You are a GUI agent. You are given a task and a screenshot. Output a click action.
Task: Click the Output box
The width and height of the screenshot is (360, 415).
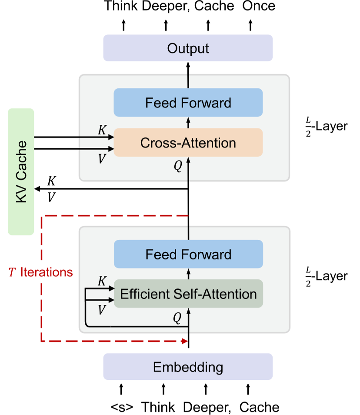pyautogui.click(x=188, y=48)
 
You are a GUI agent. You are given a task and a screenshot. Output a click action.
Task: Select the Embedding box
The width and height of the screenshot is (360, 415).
pyautogui.click(x=188, y=367)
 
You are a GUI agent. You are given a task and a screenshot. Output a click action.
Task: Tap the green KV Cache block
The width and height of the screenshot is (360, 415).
pyautogui.click(x=21, y=171)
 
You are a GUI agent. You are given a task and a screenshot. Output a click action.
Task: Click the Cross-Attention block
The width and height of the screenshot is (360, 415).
pyautogui.click(x=188, y=143)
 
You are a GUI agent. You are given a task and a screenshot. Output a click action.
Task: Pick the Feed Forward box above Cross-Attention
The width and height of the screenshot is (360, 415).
pyautogui.click(x=188, y=103)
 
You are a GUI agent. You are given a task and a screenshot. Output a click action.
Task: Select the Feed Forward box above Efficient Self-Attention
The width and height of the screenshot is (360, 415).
pyautogui.click(x=188, y=254)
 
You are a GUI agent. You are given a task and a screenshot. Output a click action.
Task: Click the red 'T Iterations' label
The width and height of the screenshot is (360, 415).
pyautogui.click(x=41, y=272)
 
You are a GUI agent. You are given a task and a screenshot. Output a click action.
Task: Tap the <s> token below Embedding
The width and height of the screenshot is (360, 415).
pyautogui.click(x=122, y=407)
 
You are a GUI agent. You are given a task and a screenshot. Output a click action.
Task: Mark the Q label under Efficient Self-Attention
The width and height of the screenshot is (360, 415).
pyautogui.click(x=177, y=318)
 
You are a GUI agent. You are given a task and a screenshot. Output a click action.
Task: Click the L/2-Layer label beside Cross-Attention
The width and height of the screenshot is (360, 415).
pyautogui.click(x=326, y=126)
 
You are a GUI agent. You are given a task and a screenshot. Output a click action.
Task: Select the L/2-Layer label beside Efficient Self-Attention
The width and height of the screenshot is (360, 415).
pyautogui.click(x=326, y=276)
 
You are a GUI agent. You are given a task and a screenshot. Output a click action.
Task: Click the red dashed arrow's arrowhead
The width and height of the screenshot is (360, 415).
pyautogui.click(x=183, y=341)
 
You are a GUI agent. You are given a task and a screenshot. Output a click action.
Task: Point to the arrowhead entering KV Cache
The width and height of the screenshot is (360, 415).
pyautogui.click(x=37, y=189)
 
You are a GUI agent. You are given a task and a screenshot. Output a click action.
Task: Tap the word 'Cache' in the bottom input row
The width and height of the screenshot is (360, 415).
pyautogui.click(x=259, y=407)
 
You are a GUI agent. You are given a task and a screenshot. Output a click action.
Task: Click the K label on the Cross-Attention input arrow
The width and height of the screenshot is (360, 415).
pyautogui.click(x=102, y=130)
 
